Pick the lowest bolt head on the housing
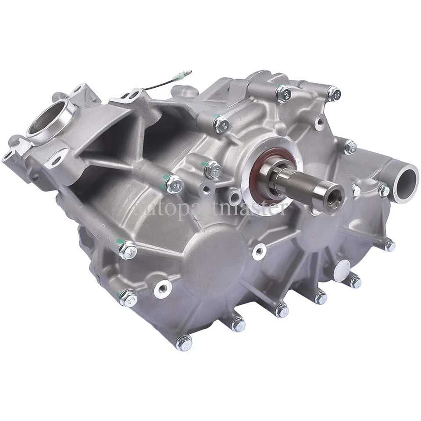pyautogui.click(x=184, y=342)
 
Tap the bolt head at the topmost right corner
pyautogui.click(x=333, y=94)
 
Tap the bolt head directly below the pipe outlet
pyautogui.click(x=389, y=245)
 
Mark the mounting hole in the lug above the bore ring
pyautogui.click(x=77, y=89)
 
